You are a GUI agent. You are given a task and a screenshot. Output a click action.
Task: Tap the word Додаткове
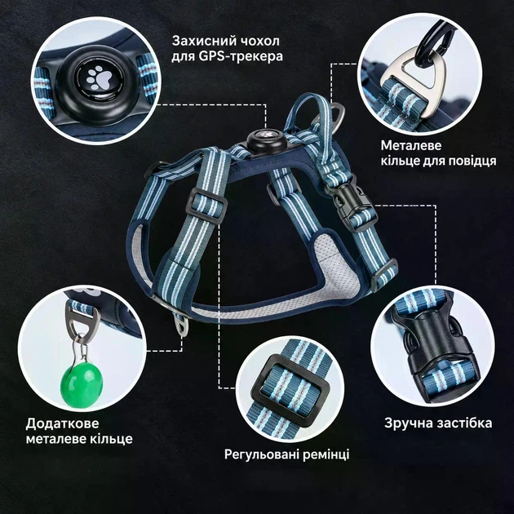(x=62, y=423)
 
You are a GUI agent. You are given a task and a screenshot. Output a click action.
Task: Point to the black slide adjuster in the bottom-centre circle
(x=290, y=392)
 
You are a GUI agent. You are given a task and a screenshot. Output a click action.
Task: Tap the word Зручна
(x=405, y=423)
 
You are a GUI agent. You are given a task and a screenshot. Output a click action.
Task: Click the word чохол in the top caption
(x=260, y=42)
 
